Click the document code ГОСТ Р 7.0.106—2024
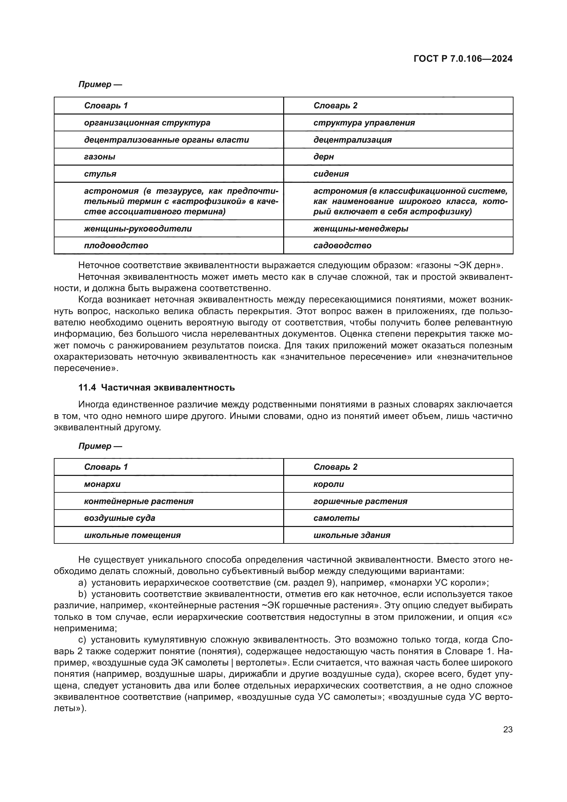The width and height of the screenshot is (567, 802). point(463,59)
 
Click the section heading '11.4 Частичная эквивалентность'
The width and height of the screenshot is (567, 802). point(156,387)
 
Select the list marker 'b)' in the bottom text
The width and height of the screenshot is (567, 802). point(82,594)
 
